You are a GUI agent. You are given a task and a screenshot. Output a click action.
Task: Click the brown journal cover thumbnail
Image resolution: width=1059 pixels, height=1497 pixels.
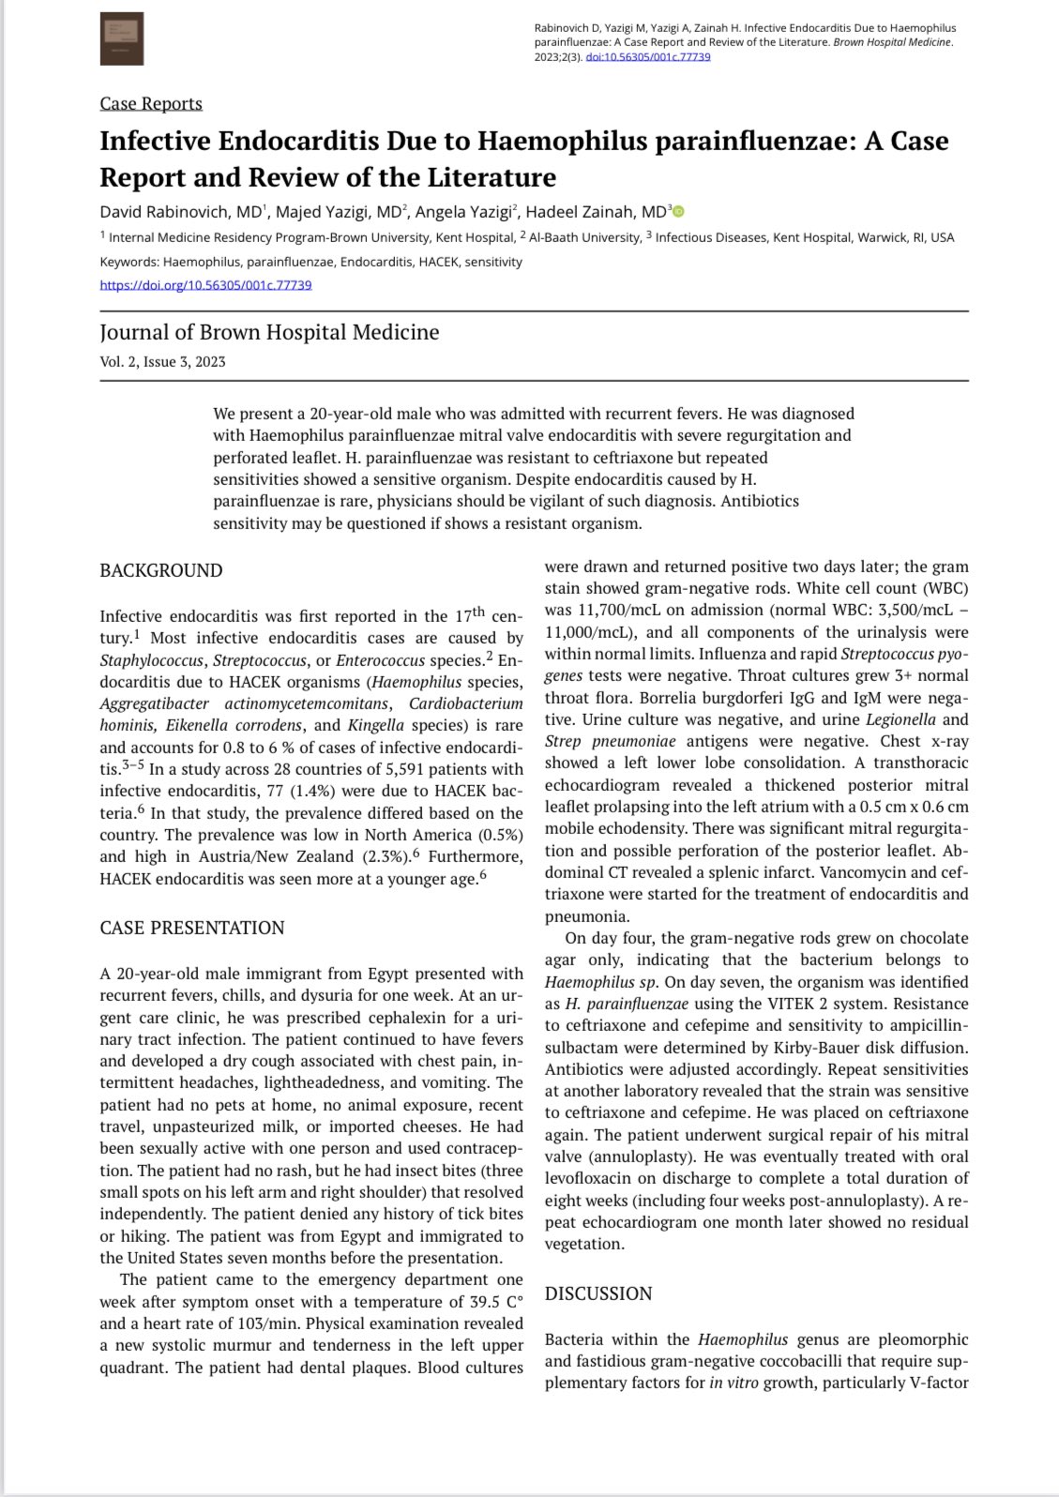(x=122, y=39)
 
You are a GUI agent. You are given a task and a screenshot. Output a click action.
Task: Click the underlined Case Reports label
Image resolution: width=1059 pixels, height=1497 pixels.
(x=151, y=103)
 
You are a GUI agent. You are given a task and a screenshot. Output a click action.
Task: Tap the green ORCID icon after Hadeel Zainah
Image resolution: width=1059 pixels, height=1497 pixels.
(x=679, y=212)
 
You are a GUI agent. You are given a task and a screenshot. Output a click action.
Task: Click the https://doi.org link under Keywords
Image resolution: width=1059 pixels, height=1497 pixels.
(x=205, y=284)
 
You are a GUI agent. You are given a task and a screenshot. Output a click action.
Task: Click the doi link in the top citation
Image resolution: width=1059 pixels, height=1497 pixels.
(x=647, y=56)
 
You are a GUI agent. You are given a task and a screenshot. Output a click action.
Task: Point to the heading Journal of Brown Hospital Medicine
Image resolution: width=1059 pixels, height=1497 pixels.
(x=269, y=332)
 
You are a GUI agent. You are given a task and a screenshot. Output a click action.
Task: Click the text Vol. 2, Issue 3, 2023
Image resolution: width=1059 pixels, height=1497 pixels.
(x=163, y=362)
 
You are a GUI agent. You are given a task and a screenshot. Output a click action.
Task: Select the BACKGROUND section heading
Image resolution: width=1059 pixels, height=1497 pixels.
(x=161, y=570)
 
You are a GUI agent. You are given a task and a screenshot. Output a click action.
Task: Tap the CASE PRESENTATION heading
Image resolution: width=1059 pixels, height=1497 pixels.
(x=192, y=928)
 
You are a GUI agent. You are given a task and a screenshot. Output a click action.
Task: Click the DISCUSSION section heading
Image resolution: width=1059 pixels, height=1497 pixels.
(x=598, y=1293)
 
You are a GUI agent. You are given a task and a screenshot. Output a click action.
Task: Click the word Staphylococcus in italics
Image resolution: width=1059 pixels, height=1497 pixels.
(x=152, y=660)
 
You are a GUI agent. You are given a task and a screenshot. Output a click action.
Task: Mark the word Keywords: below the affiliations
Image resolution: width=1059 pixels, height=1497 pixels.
(x=130, y=262)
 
